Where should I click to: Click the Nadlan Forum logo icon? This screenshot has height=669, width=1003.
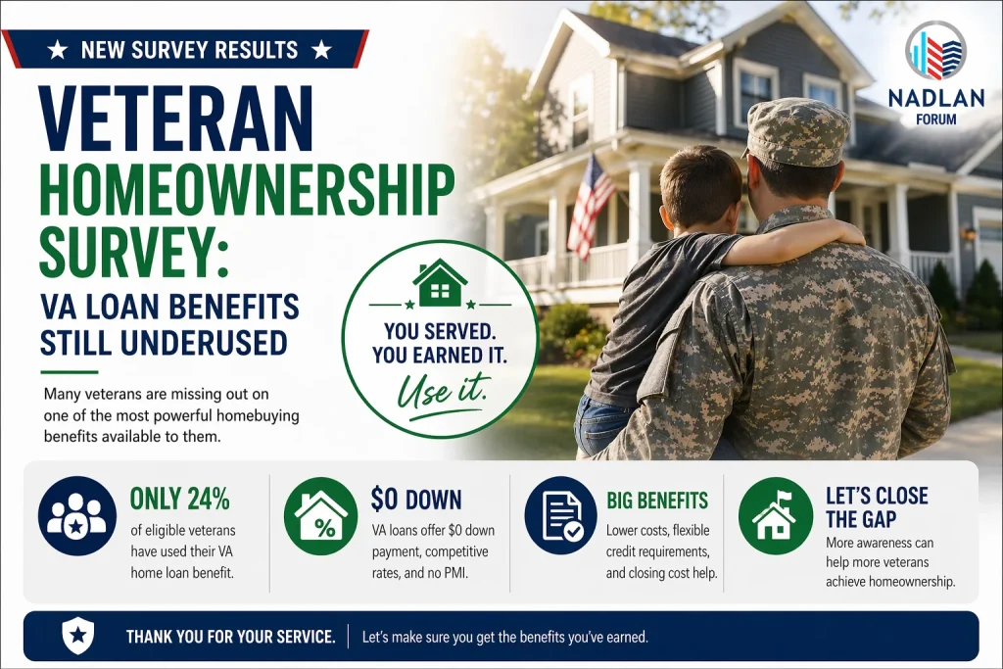pos(934,51)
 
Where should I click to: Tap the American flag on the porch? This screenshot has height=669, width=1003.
pos(592,206)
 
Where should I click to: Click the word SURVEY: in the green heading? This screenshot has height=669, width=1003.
pos(133,254)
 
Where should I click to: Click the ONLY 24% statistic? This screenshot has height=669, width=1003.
pos(180,499)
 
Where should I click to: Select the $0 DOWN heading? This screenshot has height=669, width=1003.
pos(416,500)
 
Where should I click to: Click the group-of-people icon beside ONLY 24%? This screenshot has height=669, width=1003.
pos(75,516)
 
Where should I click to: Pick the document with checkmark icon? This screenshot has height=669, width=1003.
pos(560,516)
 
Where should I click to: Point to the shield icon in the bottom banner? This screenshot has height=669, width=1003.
pos(77,636)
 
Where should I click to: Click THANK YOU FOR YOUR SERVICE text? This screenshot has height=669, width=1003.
pos(230,637)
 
